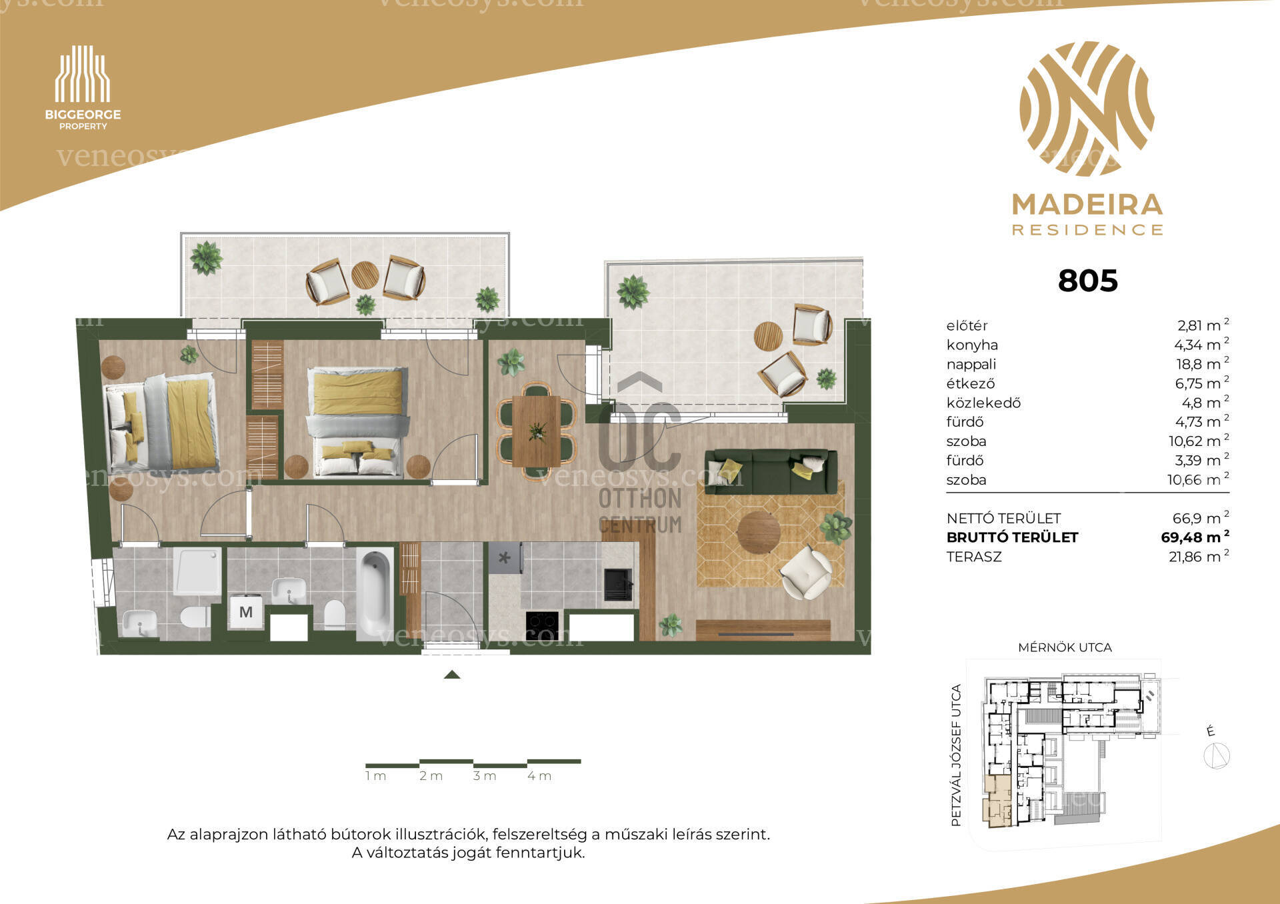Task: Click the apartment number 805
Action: [x=1087, y=281]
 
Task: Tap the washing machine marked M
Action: [x=246, y=611]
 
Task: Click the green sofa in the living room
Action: [x=771, y=471]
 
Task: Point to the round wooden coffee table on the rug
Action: [x=759, y=532]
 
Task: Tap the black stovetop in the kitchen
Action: [x=541, y=625]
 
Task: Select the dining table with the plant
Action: [x=537, y=431]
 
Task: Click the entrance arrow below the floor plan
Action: [x=452, y=675]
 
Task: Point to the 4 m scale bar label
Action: [x=539, y=776]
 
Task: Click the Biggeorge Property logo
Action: [x=83, y=87]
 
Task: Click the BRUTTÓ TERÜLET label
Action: [x=1012, y=537]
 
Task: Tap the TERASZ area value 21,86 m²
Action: [x=1199, y=556]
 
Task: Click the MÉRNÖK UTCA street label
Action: [x=1065, y=647]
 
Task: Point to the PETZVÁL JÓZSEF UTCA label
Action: [x=956, y=755]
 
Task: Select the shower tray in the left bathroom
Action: [x=197, y=571]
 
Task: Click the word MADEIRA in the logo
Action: [x=1087, y=205]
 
